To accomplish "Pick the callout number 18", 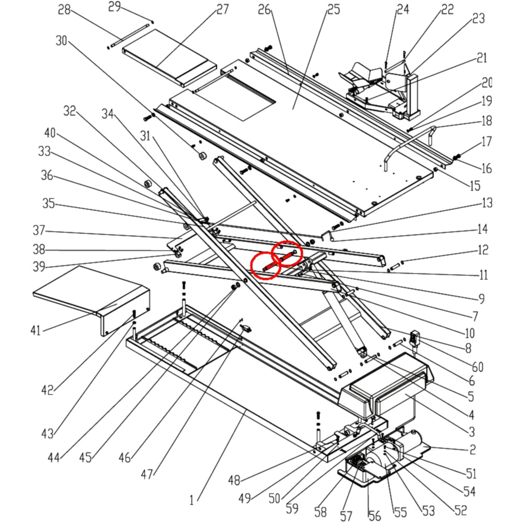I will point(486,121).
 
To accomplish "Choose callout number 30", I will point(61,41).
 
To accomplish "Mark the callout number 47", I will point(148,474).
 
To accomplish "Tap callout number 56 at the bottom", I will point(374,516).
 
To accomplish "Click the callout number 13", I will point(487,203).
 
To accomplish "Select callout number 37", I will point(39,230).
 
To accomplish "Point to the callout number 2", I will point(472,449).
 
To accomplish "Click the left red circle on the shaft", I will point(266,266).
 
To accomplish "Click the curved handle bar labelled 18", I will point(408,144).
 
